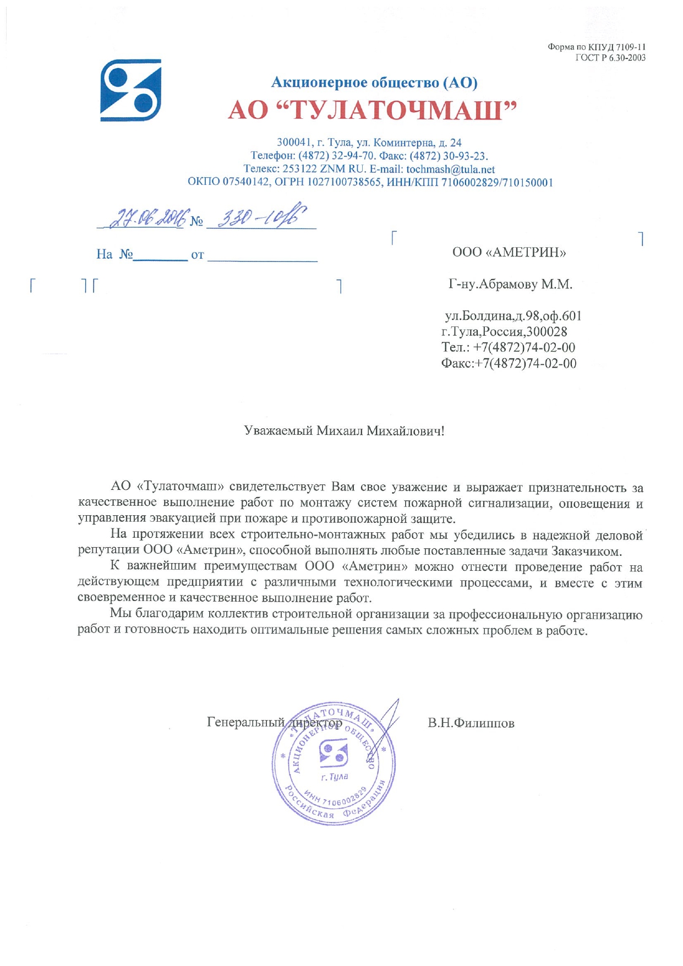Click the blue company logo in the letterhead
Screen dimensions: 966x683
(x=130, y=90)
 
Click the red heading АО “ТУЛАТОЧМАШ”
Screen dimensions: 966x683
(x=373, y=110)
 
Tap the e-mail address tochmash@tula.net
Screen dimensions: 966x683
(x=450, y=170)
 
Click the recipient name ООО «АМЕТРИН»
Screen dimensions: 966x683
(x=509, y=253)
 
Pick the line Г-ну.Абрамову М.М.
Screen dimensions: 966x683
(x=510, y=285)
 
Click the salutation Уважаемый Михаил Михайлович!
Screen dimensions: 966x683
(x=344, y=430)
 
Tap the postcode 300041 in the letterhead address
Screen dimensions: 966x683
(x=293, y=143)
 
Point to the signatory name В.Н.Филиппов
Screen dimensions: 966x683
(x=471, y=723)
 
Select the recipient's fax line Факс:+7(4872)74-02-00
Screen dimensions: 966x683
(x=509, y=363)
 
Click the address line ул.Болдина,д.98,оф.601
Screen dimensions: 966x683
(x=513, y=316)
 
